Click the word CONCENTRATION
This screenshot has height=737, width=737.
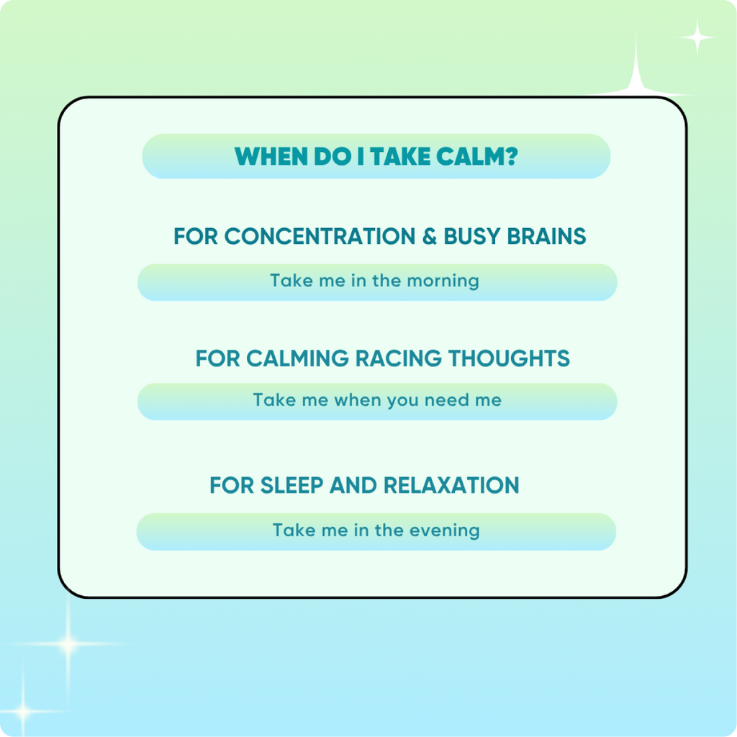pos(320,236)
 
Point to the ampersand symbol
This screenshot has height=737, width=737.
pos(430,236)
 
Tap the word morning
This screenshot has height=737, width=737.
pos(443,281)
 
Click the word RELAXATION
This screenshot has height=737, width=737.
pos(451,485)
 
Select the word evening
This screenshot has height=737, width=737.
pos(444,530)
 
